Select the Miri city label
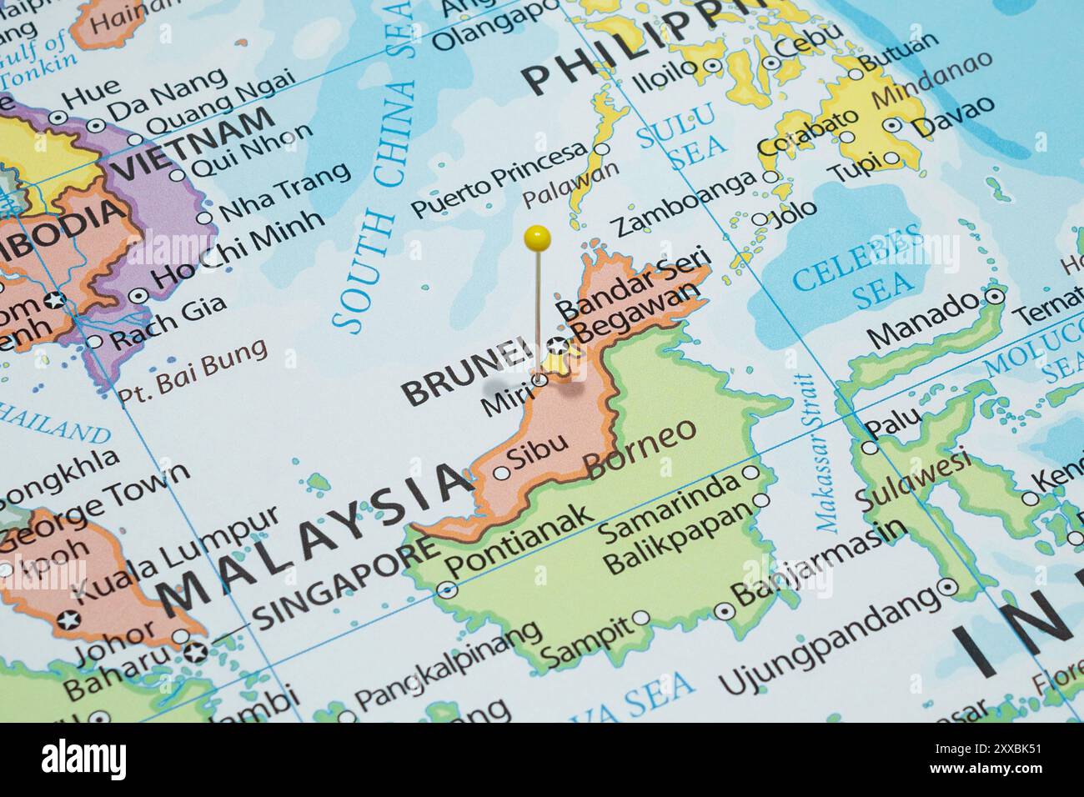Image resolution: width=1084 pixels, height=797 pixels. [x=505, y=401]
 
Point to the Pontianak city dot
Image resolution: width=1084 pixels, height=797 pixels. [x=449, y=588]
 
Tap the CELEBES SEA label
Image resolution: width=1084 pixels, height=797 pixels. [x=858, y=266]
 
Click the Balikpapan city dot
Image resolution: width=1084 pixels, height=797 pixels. [x=761, y=500]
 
